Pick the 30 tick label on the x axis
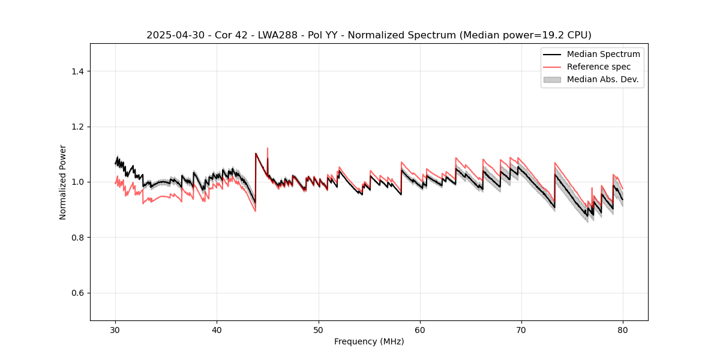tap(116, 330)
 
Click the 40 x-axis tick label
tap(217, 330)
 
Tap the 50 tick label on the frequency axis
tap(319, 330)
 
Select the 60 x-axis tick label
tap(420, 330)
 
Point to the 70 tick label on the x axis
tap(521, 330)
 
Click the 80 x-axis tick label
tap(623, 330)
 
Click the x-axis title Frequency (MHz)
tap(369, 341)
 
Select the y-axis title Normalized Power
tap(63, 182)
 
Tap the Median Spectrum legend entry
tap(603, 54)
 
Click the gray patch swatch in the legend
tap(552, 79)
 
